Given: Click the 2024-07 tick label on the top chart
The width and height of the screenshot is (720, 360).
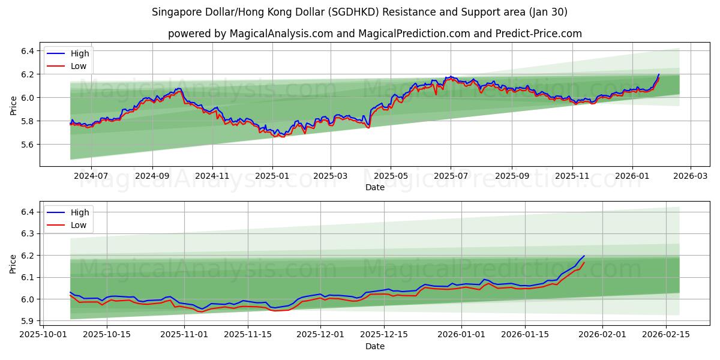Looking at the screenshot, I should tap(91, 176).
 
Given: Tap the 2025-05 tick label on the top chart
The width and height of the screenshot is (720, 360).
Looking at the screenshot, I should tap(391, 176).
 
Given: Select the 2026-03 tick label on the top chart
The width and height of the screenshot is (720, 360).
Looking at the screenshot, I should tap(690, 176).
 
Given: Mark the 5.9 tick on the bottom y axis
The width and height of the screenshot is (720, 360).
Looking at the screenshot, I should tap(28, 321).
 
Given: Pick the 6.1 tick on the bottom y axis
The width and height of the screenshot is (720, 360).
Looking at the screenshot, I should tap(28, 277).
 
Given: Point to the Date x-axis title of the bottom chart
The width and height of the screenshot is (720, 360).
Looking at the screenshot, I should tap(375, 346).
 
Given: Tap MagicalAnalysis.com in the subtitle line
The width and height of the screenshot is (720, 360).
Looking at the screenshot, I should tap(281, 34).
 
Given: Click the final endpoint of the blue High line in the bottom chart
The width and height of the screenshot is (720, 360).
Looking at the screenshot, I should tap(584, 256).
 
